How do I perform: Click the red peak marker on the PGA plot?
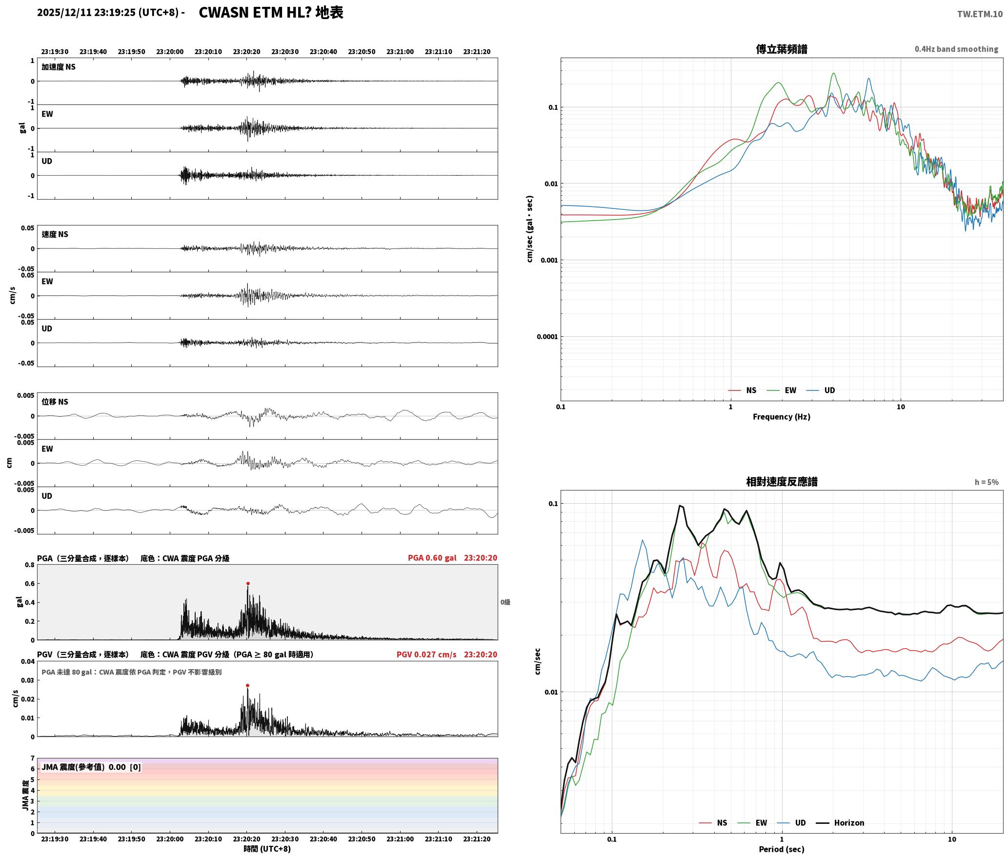click(x=248, y=583)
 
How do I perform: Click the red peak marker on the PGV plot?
click(x=247, y=685)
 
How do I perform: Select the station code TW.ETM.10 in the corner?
click(x=980, y=14)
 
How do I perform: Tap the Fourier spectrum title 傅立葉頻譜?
click(x=781, y=49)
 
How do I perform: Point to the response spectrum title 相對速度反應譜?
click(x=781, y=481)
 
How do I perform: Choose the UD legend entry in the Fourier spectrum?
click(x=821, y=390)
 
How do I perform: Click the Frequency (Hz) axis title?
click(x=781, y=416)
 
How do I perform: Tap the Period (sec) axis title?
click(x=781, y=849)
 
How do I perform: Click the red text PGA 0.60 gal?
click(x=432, y=557)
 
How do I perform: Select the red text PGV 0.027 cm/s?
click(x=426, y=654)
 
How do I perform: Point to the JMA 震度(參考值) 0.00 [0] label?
click(x=91, y=767)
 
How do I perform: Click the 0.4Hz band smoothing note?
click(x=956, y=49)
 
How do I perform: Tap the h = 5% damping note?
click(x=987, y=482)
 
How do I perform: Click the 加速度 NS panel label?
click(x=59, y=67)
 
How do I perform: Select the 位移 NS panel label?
click(x=55, y=402)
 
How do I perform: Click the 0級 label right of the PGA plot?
click(x=505, y=602)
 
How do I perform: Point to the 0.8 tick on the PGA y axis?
click(x=30, y=565)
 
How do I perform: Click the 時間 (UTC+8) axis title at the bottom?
click(x=267, y=848)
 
